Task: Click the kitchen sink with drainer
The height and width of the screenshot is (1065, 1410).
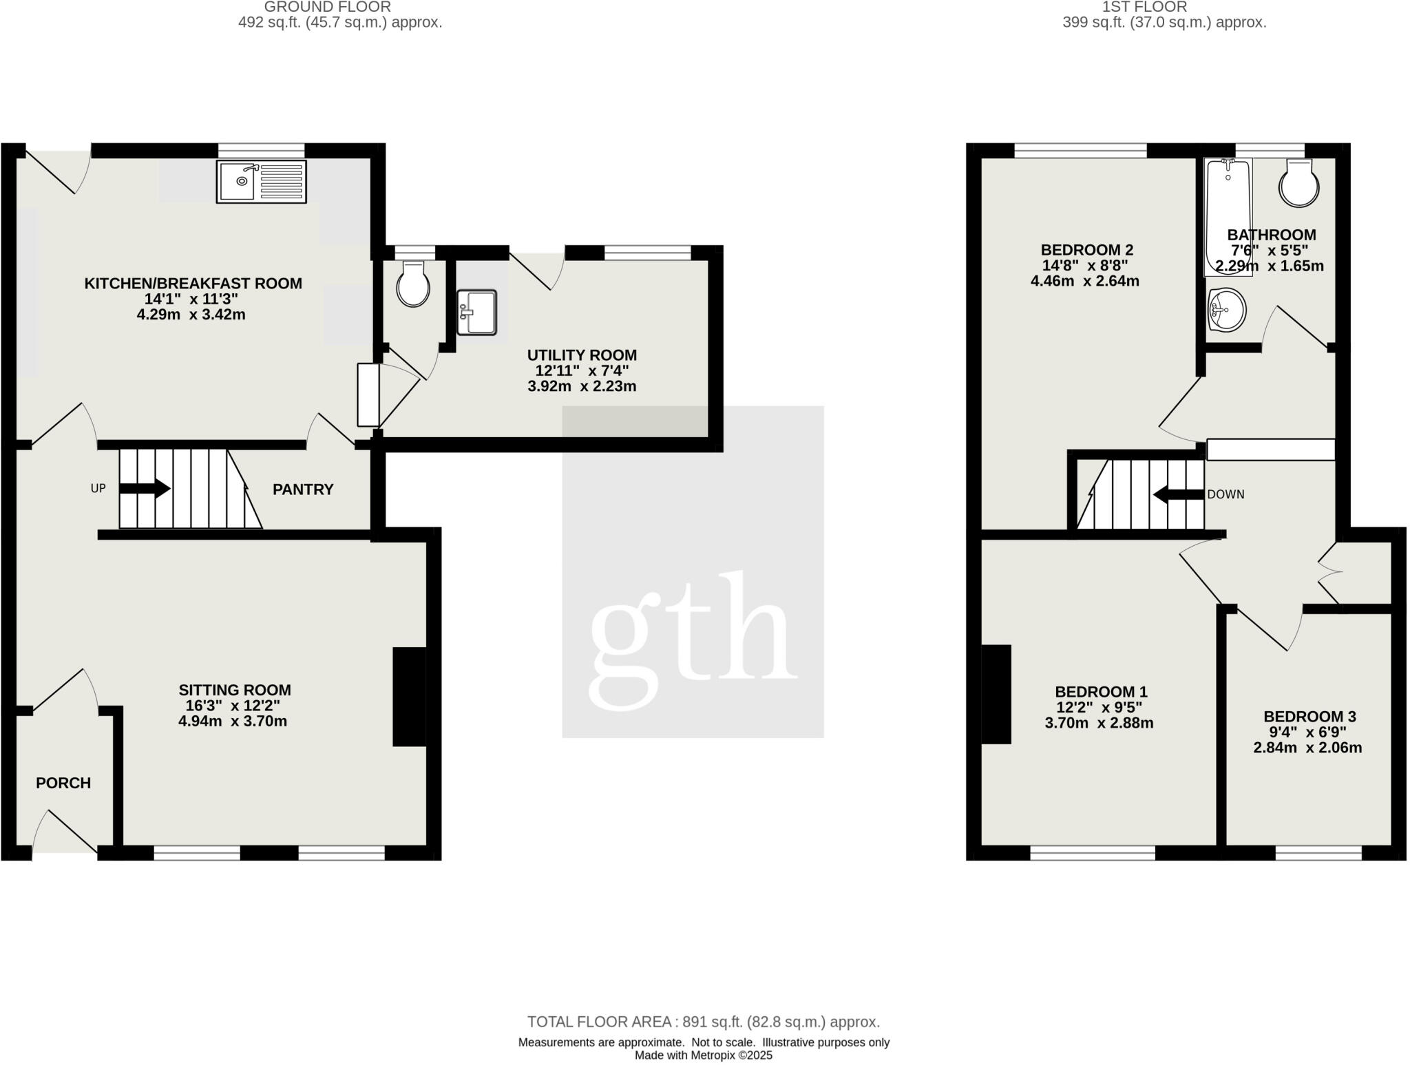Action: pos(261,182)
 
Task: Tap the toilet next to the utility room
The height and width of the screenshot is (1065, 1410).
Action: pos(413,284)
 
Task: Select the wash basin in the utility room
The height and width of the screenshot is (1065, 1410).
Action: pos(476,312)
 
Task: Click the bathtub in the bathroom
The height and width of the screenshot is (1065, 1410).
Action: pos(1228,217)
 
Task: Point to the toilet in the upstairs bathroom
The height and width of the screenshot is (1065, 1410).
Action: pos(1298,183)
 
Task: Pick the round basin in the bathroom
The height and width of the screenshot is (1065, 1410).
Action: pos(1226,310)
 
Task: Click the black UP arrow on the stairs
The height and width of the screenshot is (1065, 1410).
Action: pos(145,489)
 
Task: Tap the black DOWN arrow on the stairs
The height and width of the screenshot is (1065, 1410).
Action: pos(1179,494)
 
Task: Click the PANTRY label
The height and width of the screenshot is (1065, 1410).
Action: pos(303,489)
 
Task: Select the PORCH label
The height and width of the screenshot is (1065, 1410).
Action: pos(63,783)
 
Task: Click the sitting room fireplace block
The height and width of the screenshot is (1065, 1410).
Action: pos(409,696)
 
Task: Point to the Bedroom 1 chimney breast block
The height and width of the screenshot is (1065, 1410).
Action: pos(996,694)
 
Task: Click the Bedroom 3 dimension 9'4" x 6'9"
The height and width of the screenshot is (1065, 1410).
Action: pos(1307,732)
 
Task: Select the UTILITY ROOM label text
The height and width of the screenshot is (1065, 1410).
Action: pos(582,355)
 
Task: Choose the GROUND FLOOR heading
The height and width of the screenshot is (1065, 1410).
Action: pos(328,7)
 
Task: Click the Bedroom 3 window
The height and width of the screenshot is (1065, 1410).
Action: pos(1318,853)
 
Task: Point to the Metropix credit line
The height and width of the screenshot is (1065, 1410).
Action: pos(704,1055)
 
